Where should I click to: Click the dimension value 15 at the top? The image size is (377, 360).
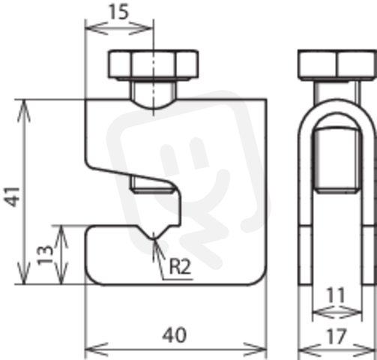[x=119, y=12]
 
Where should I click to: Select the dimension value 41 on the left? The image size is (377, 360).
[x=13, y=196]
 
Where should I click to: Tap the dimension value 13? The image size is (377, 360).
[x=45, y=255]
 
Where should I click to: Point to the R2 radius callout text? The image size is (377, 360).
[x=180, y=266]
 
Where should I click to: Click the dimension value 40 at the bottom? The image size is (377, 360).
[x=175, y=335]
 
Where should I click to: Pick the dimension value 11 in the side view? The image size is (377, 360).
[x=336, y=295]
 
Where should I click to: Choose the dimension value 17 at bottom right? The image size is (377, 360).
[x=337, y=337]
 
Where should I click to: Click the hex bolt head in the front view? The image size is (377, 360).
[x=154, y=64]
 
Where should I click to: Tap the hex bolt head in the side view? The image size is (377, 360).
[x=337, y=64]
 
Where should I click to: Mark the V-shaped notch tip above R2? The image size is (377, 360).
[x=154, y=239]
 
